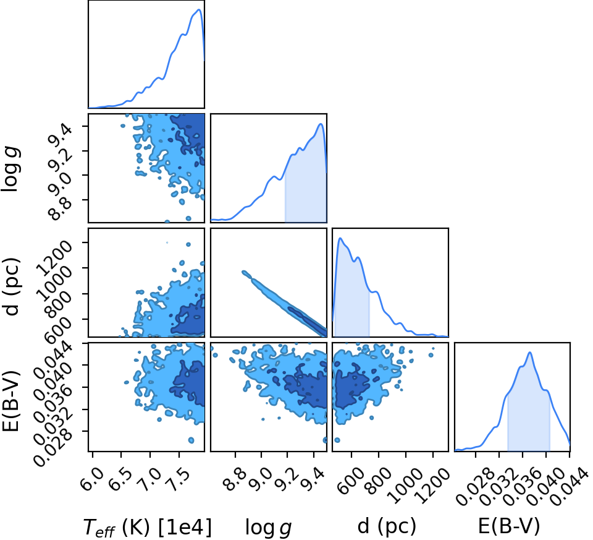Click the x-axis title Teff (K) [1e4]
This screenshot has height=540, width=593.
tap(147, 527)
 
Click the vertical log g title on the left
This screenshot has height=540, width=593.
tap(11, 169)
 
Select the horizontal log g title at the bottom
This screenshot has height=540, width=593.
tap(269, 528)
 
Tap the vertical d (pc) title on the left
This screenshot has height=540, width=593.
tap(11, 286)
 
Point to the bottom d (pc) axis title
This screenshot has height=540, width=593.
tap(387, 526)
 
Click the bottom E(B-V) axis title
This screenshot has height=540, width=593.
tap(509, 526)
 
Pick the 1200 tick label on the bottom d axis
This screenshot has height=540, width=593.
tap(435, 485)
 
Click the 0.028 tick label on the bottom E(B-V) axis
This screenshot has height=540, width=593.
tap(477, 487)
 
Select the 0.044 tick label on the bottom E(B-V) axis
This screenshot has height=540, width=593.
tap(570, 487)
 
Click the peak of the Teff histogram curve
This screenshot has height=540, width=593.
tap(200, 9)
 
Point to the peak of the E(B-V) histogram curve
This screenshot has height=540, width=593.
tap(530, 353)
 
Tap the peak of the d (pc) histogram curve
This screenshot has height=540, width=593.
tap(340, 238)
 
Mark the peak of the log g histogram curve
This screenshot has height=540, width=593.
tap(321, 124)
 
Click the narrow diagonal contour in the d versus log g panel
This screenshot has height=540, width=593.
tap(284, 303)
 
